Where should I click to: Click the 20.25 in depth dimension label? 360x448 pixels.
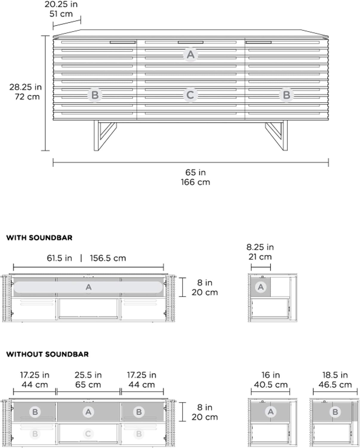[61, 4]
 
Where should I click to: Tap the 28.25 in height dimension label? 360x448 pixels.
[25, 87]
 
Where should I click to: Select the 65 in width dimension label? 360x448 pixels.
[196, 172]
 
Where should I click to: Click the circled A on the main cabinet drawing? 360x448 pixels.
[191, 55]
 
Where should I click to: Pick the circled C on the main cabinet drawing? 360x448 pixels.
[190, 95]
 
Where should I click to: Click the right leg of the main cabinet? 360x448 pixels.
[276, 135]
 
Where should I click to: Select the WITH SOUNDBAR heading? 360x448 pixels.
[39, 238]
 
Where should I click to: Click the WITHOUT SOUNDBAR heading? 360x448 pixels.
[47, 354]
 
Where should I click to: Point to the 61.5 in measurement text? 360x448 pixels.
[59, 258]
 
